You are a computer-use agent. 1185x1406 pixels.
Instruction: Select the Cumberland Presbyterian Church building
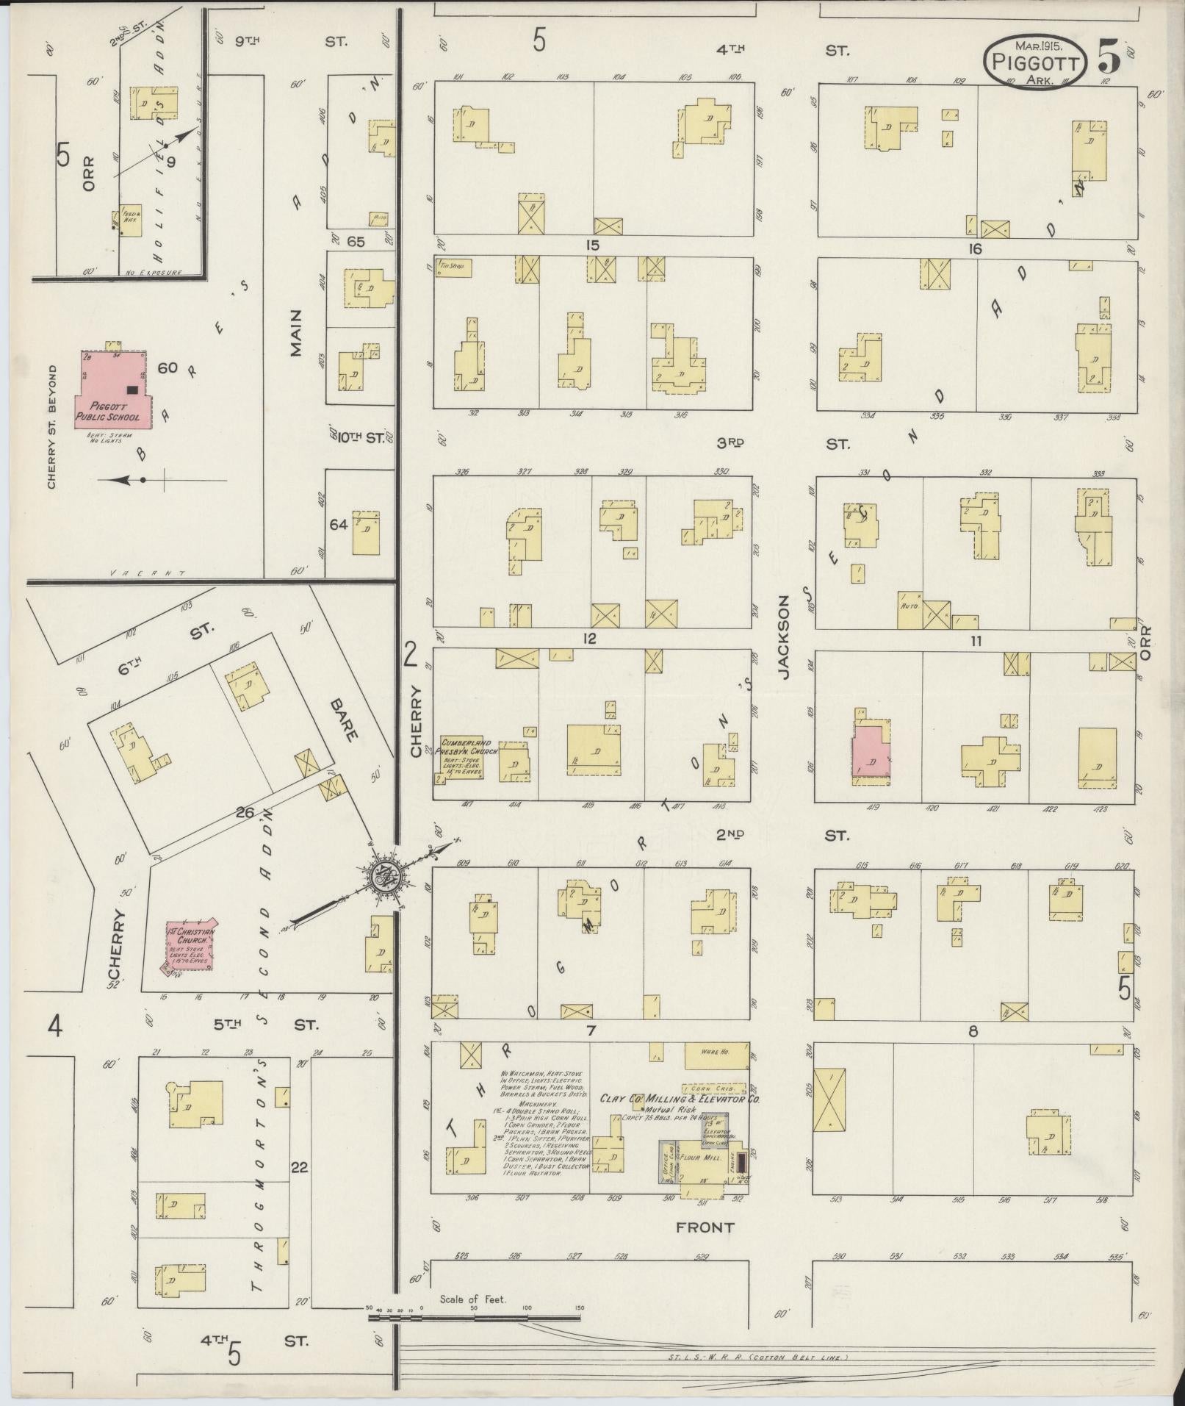(x=466, y=757)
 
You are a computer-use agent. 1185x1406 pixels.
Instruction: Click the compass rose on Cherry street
(x=382, y=875)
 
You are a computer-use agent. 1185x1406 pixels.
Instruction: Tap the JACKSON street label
(x=783, y=637)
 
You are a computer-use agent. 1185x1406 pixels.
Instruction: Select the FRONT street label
(x=705, y=1227)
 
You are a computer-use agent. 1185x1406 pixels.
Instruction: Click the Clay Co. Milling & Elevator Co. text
(x=680, y=1119)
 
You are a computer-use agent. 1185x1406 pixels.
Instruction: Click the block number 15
(x=593, y=245)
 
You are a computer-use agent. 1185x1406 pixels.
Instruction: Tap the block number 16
(x=974, y=248)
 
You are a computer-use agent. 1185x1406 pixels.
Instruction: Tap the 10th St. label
(x=359, y=438)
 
